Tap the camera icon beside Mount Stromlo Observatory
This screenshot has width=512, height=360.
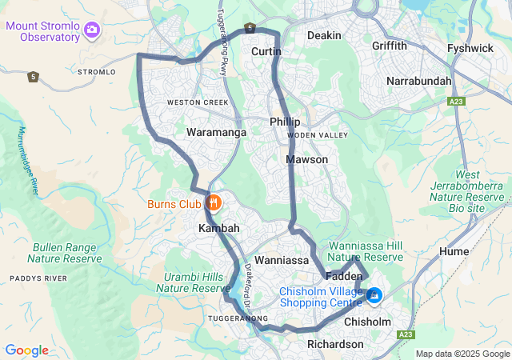pos(92,30)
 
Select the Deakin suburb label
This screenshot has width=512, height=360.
pos(324,35)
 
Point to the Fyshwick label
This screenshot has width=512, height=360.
pos(471,48)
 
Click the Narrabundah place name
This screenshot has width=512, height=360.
pos(418,81)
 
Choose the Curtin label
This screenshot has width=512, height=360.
pos(266,51)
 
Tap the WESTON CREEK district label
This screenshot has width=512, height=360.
pos(198,102)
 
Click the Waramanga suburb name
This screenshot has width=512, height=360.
pos(216,132)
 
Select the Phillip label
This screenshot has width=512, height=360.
pos(285,122)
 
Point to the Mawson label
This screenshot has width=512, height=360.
pos(307,160)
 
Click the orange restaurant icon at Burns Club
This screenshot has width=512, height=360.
pos(214,203)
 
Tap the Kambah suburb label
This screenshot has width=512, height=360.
pos(218,229)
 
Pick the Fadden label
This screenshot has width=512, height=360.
pos(344,276)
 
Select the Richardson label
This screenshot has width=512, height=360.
pos(335,344)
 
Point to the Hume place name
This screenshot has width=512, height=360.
pos(454,251)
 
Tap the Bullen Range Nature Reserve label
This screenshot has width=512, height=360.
pos(65,253)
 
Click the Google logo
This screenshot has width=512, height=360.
pos(26,350)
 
